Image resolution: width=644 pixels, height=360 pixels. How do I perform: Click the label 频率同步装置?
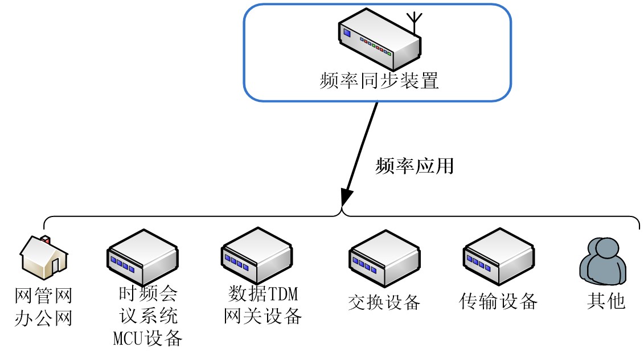click(379, 80)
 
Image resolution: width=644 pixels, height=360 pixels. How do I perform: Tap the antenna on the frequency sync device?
click(416, 22)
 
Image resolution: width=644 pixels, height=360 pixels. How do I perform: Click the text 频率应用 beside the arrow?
click(415, 166)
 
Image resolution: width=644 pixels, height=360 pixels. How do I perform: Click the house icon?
click(44, 259)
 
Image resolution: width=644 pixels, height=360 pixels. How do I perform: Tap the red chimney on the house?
click(44, 238)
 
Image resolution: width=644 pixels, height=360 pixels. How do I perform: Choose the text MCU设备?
click(148, 338)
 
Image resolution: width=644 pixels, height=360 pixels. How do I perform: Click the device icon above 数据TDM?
click(256, 255)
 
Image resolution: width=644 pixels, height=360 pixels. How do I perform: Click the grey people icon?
click(602, 259)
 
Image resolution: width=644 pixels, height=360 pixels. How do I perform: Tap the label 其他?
click(606, 301)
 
